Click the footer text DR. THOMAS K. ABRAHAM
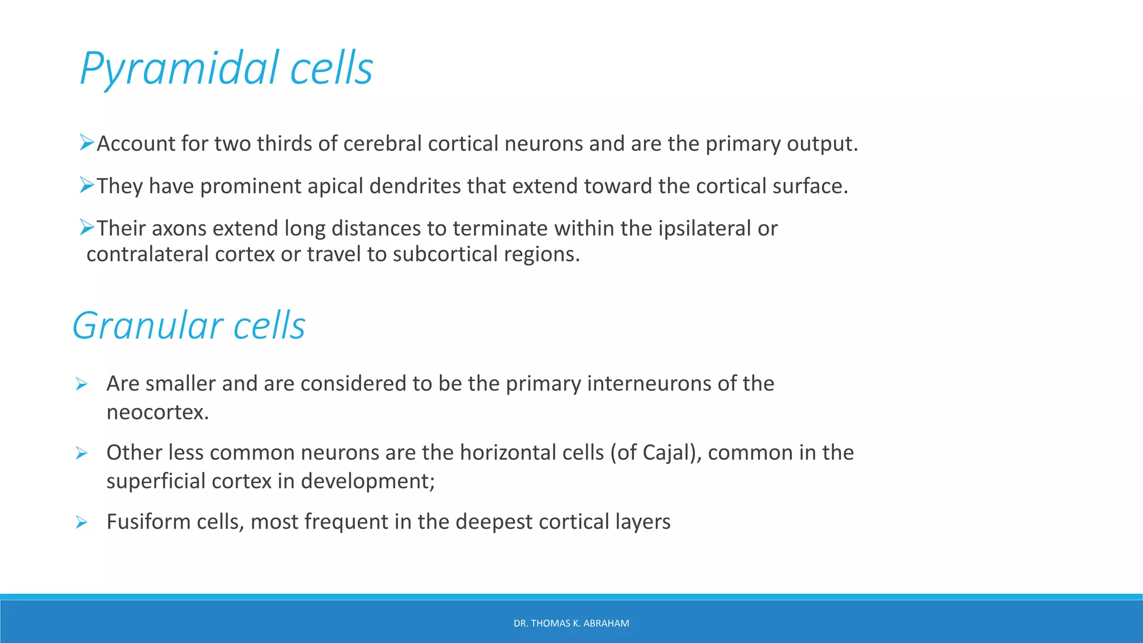tap(571, 623)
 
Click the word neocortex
tap(157, 412)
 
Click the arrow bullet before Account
tap(87, 142)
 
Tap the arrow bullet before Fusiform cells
tap(81, 522)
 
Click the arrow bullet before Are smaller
tap(81, 384)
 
